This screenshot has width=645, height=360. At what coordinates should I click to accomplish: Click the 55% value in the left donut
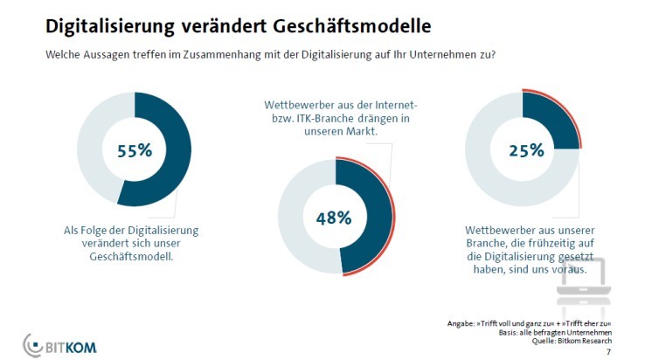coord(135,149)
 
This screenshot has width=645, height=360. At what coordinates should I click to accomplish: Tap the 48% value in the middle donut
coord(335,216)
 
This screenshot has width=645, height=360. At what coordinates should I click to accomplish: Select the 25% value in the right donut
coord(522,150)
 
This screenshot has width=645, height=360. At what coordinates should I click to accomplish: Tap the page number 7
coord(607,351)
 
